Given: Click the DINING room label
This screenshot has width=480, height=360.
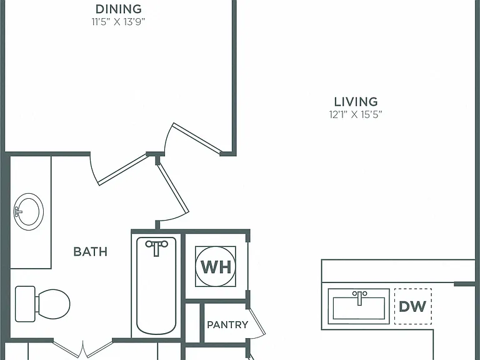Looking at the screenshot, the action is point(119,9).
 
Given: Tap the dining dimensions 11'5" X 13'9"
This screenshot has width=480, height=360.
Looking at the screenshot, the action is point(118,22).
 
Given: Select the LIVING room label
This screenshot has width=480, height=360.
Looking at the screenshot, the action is point(356,102).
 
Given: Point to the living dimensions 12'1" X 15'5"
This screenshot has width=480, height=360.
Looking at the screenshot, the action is point(356,114).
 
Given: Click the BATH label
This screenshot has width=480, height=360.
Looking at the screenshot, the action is point(90,252).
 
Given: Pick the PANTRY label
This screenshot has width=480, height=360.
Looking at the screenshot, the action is point(227,324).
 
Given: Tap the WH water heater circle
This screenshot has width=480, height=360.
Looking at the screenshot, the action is point(216,266).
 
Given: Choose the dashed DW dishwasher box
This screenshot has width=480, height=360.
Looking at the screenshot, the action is point(413,306).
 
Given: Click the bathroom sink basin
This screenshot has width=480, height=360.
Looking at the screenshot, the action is point(29,211).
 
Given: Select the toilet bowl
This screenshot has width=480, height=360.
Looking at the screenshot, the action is point(52,304).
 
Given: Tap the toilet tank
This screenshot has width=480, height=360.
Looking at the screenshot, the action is point(25,304).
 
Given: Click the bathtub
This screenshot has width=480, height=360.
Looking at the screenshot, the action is point(156,286).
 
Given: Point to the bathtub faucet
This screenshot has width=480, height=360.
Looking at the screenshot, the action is point(156,247).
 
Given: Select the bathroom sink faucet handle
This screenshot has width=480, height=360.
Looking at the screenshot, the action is point(17,211).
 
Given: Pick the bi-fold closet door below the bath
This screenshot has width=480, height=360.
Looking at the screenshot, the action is point(83,349).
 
